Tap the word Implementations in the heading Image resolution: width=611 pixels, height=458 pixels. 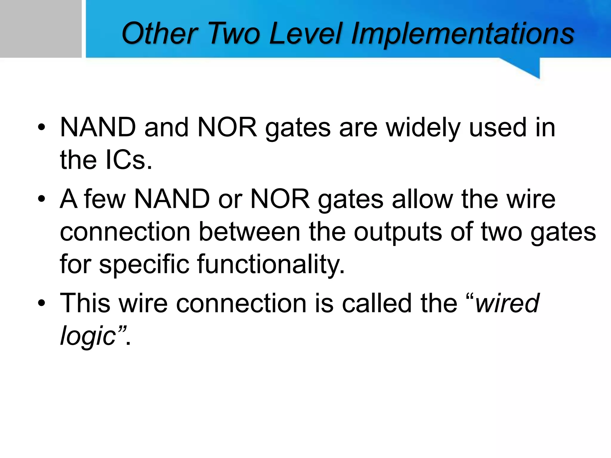[x=462, y=35]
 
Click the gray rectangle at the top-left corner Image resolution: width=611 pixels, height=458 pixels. [x=40, y=28]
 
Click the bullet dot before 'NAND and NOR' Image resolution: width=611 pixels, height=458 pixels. [x=41, y=128]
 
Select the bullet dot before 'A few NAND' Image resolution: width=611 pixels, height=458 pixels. [x=41, y=199]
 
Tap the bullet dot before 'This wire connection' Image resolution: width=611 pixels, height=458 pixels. [x=41, y=303]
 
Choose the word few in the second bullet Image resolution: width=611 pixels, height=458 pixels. [x=105, y=199]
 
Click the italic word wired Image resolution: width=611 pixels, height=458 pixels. [x=507, y=303]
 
